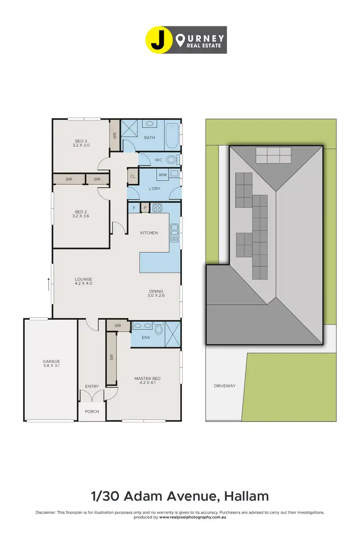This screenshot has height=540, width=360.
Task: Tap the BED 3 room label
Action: pyautogui.click(x=81, y=142)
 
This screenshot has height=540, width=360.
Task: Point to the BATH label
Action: pyautogui.click(x=149, y=138)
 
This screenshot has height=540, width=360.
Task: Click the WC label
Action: pyautogui.click(x=158, y=160)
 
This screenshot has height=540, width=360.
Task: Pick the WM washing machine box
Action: pyautogui.click(x=162, y=175)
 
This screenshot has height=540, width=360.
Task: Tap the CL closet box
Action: pyautogui.click(x=132, y=177)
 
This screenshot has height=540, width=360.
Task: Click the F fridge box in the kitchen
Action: pyautogui.click(x=134, y=208)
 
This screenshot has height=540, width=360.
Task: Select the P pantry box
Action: pyautogui.click(x=144, y=208)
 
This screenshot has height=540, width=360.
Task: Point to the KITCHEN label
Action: pyautogui.click(x=149, y=233)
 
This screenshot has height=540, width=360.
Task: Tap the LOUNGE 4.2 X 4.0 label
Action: pyautogui.click(x=83, y=281)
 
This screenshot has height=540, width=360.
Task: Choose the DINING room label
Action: pyautogui.click(x=156, y=293)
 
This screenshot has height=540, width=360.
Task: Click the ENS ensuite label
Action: pyautogui.click(x=146, y=337)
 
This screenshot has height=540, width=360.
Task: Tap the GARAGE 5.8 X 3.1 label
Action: pyautogui.click(x=51, y=363)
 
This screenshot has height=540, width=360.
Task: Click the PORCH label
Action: pyautogui.click(x=92, y=411)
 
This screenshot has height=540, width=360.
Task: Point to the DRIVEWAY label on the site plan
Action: pyautogui.click(x=225, y=385)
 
